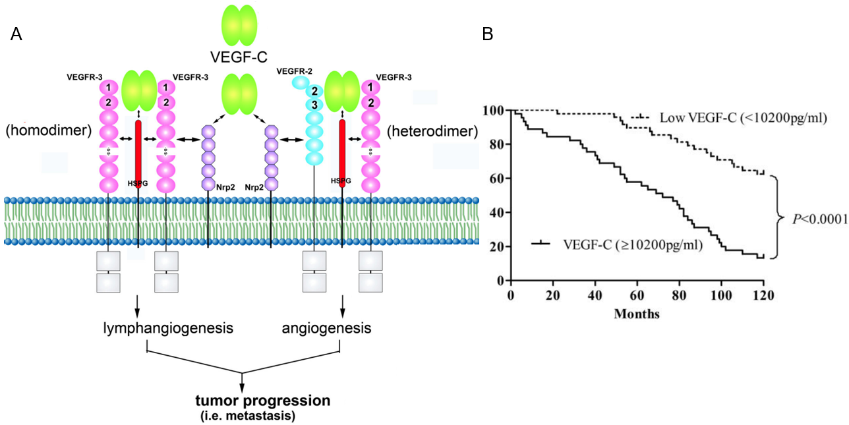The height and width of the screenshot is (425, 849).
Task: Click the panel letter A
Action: coord(17,35)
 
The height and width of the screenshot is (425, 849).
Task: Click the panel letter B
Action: coord(488,35)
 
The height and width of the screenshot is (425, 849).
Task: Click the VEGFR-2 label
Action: coord(295,71)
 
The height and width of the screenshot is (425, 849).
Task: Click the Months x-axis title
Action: coord(637,314)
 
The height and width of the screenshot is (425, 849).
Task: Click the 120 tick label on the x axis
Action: coord(763,295)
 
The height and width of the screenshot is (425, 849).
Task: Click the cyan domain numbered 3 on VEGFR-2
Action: coord(315,105)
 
